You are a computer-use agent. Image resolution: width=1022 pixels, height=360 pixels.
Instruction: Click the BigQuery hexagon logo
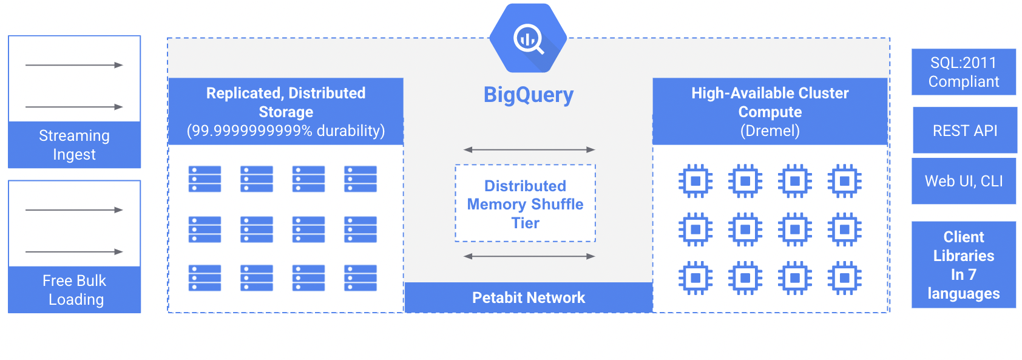coord(528,38)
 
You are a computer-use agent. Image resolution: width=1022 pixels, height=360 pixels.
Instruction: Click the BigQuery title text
coord(528,95)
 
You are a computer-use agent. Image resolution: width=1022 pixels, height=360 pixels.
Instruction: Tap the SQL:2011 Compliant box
coord(963,72)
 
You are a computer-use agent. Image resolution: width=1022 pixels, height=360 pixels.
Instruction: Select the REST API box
coord(964,131)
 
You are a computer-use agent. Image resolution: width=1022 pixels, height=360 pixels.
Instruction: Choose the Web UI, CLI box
coord(963,181)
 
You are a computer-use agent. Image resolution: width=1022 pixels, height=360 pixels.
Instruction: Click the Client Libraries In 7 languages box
coord(963,265)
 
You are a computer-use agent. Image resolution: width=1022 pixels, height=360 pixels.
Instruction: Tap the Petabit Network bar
coord(528,297)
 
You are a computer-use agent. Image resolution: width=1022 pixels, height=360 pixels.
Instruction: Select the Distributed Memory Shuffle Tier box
coord(525,204)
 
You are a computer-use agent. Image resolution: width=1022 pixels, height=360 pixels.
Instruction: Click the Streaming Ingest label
coord(74,144)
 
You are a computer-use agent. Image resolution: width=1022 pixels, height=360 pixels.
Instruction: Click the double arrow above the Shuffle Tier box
coord(529,149)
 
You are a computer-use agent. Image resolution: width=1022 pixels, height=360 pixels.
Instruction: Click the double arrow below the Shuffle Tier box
coord(529,256)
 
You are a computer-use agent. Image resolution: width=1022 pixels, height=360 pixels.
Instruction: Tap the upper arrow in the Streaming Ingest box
coord(74,65)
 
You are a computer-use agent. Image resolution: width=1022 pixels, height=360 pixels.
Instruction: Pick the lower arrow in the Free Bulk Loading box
coord(74,251)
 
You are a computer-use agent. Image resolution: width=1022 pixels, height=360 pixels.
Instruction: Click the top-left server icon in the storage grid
coord(205,179)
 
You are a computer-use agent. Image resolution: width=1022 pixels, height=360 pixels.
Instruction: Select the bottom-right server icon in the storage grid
coord(360,278)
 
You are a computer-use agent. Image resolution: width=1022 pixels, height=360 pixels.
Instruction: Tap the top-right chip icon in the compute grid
coord(844,181)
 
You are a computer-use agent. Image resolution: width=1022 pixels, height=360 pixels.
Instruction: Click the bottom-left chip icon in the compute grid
coord(695,278)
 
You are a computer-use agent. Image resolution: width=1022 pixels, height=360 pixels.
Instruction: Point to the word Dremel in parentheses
coord(770,131)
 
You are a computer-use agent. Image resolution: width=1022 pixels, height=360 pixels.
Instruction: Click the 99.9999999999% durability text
coord(285,131)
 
